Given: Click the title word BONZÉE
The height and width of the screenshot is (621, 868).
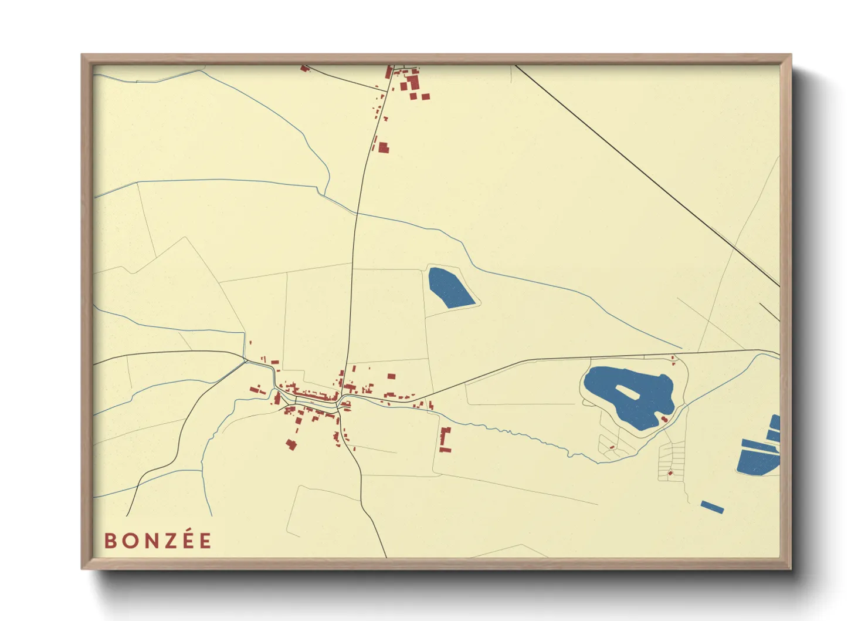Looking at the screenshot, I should [x=158, y=541].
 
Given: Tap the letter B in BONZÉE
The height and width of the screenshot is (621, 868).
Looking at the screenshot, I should [x=110, y=541].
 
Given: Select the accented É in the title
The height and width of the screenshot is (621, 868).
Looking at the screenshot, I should [x=187, y=540].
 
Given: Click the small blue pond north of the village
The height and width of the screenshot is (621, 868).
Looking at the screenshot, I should [x=450, y=287].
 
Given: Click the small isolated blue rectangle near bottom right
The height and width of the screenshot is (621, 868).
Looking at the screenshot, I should [x=712, y=507].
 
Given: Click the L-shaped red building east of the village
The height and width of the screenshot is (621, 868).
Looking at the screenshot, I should [x=444, y=440].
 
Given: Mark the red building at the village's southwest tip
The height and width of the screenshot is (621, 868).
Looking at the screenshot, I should [x=290, y=444].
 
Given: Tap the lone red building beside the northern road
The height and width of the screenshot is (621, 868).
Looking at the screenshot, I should [x=384, y=147].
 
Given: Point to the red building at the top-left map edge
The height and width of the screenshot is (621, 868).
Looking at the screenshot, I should [x=304, y=69].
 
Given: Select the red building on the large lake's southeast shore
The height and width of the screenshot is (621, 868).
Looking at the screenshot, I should [x=664, y=419].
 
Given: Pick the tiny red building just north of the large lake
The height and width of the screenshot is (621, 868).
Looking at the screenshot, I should [x=673, y=357].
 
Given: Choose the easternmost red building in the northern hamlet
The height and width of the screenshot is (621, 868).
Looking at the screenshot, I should [x=425, y=96].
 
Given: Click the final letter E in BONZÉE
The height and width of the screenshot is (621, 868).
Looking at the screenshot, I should [x=205, y=541].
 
